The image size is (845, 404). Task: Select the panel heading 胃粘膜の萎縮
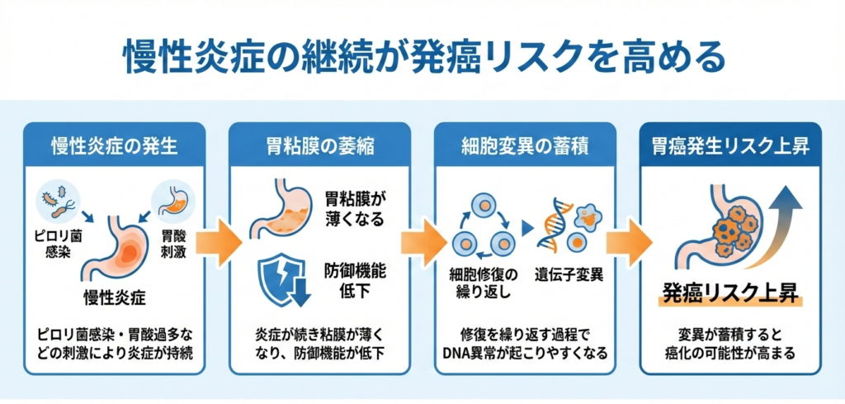pyautogui.click(x=319, y=146)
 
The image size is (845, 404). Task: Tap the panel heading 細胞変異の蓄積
pyautogui.click(x=524, y=146)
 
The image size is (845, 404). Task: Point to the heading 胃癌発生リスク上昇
pyautogui.click(x=729, y=146)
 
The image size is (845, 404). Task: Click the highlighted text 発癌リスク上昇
pyautogui.click(x=729, y=293)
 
